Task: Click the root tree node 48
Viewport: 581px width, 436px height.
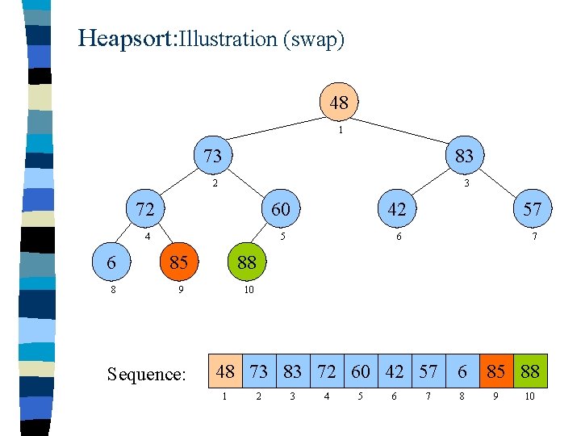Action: click(339, 103)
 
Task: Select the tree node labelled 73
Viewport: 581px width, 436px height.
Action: click(212, 155)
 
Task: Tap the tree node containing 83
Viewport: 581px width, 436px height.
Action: click(464, 155)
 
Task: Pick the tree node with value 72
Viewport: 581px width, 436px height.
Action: click(145, 209)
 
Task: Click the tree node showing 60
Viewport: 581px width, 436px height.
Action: click(280, 209)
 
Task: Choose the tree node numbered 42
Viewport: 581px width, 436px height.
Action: click(397, 209)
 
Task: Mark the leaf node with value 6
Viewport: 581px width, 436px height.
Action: click(111, 262)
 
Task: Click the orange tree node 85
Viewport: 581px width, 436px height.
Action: click(179, 262)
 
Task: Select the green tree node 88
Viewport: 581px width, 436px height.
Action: click(246, 262)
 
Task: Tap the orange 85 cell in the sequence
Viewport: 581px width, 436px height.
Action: click(496, 371)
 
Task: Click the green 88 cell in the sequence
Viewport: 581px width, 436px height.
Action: click(530, 371)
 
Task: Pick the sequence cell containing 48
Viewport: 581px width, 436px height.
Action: click(225, 371)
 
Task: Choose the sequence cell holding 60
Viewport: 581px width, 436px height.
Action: click(361, 371)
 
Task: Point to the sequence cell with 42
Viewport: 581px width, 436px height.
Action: click(395, 371)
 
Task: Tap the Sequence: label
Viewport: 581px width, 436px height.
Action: click(147, 374)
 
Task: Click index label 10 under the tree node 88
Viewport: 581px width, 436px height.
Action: click(249, 289)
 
